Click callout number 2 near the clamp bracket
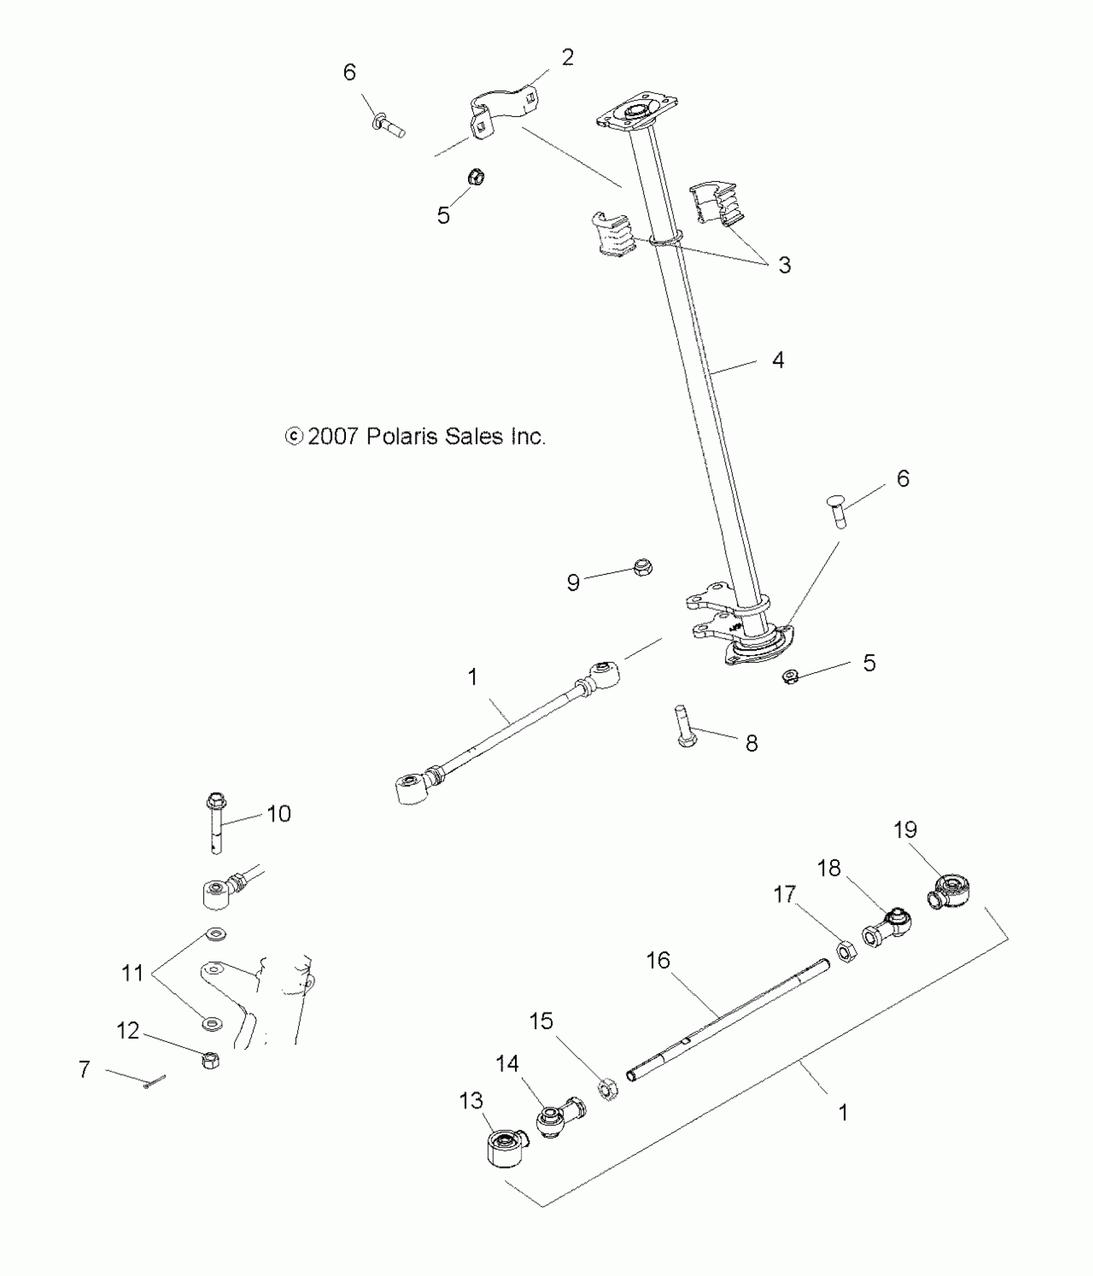click(567, 58)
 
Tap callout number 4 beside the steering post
click(778, 360)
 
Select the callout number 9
click(573, 582)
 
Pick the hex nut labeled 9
click(641, 567)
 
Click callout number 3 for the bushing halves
click(784, 265)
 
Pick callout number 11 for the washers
click(132, 973)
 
